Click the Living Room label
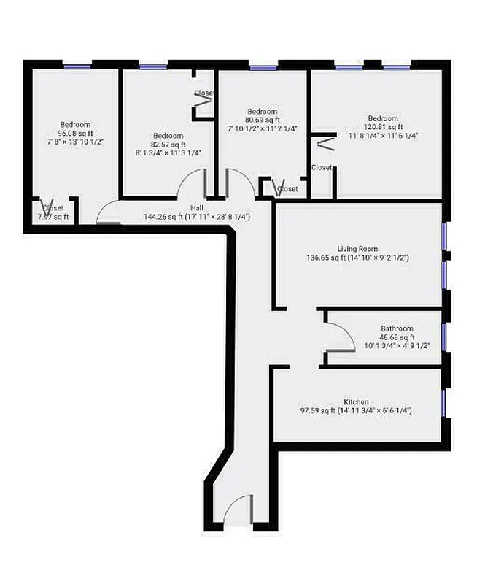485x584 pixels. pos(357,249)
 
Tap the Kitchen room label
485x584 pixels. pos(356,402)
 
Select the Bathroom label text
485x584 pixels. pos(397,328)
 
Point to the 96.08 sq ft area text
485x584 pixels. pos(75,134)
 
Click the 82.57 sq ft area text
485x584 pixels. pos(168,145)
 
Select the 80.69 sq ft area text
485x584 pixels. pos(262,120)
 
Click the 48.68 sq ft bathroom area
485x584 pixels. pos(397,337)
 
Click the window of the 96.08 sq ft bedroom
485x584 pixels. pos(77,66)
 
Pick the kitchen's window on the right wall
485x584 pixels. pos(443,402)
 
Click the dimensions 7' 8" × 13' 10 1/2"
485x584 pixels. pos(75,142)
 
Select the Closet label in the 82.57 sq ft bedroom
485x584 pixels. pos(203,93)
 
